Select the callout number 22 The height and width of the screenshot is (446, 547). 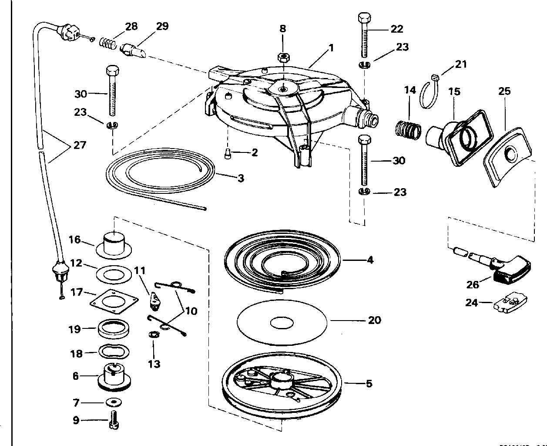pyautogui.click(x=397, y=29)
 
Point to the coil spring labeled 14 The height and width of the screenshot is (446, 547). pyautogui.click(x=408, y=128)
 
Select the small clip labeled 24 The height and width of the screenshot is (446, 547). pyautogui.click(x=510, y=303)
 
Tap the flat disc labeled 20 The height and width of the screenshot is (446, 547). pyautogui.click(x=282, y=322)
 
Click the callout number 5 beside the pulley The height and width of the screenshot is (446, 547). pyautogui.click(x=369, y=384)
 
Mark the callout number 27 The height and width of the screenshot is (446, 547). pyautogui.click(x=80, y=145)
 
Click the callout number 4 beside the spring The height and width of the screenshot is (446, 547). pyautogui.click(x=370, y=260)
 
